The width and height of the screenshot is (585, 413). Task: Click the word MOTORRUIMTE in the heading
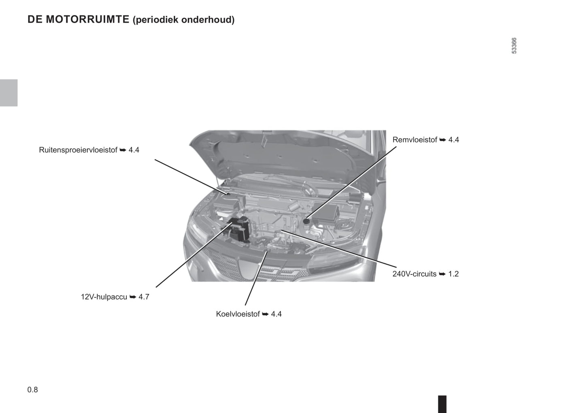[87, 19]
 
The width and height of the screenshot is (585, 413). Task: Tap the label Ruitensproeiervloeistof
[78, 150]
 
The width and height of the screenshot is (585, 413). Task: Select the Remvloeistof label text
[415, 140]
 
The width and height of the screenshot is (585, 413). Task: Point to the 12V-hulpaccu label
[104, 297]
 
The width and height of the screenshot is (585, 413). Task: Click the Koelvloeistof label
[238, 314]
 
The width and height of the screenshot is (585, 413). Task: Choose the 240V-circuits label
[415, 274]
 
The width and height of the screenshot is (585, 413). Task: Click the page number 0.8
[33, 390]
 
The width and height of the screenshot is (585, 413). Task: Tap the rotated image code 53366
[514, 46]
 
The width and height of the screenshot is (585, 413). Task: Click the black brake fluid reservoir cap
[306, 221]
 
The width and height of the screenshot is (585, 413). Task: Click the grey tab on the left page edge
[9, 93]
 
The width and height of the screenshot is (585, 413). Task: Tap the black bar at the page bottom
[442, 404]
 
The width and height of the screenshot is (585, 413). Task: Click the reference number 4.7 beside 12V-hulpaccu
[144, 297]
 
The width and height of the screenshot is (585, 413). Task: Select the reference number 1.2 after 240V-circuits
[453, 274]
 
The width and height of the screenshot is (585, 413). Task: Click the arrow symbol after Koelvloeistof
[265, 314]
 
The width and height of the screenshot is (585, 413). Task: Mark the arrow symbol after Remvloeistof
[442, 140]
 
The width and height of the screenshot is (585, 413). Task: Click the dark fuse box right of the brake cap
[325, 213]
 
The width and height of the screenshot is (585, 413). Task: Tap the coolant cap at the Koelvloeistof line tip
[267, 250]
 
